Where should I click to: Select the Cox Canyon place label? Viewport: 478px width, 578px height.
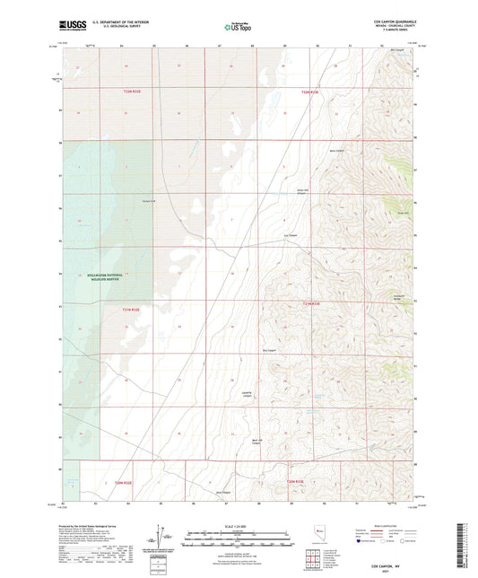click(291, 236)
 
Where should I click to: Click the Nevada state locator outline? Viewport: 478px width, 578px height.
click(319, 534)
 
